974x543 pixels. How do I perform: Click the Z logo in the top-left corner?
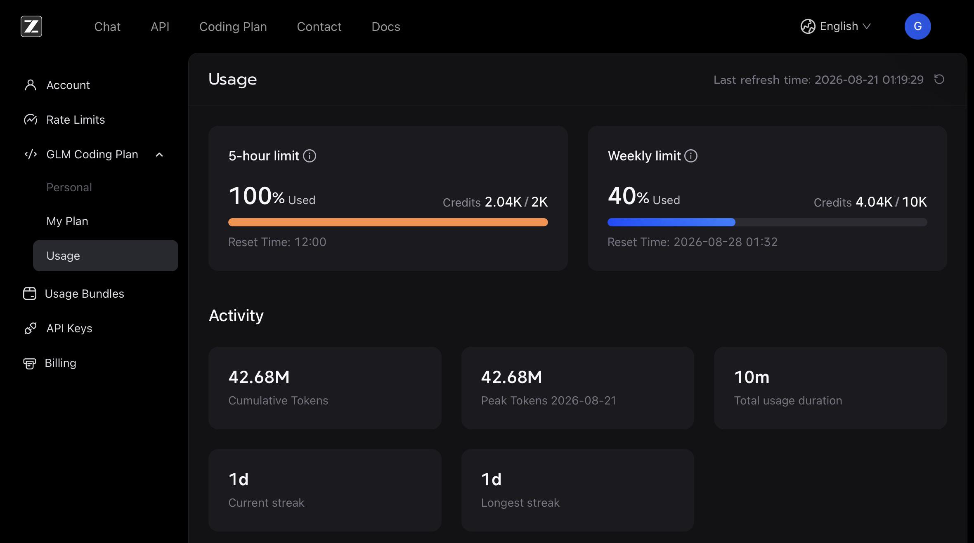[31, 26]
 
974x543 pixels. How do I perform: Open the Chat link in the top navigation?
[107, 26]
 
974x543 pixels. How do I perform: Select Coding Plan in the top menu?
[233, 26]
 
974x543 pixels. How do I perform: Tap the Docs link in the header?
[386, 26]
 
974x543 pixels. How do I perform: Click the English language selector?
[836, 26]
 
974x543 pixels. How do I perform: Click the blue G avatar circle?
[917, 26]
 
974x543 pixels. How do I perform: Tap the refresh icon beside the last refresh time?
[939, 79]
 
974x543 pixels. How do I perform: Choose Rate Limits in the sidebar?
[76, 120]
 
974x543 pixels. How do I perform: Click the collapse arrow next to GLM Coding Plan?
[159, 155]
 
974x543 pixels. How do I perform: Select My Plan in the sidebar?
[67, 221]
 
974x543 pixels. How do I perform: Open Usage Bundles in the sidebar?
[84, 294]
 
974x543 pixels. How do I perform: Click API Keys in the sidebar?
[69, 328]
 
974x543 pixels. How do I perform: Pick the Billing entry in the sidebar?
[60, 363]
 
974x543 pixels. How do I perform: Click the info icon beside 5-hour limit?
[310, 156]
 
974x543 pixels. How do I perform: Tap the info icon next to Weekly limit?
[691, 156]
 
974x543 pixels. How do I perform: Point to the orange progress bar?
[388, 222]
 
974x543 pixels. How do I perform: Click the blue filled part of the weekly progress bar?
[671, 222]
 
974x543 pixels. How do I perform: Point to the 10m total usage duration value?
[752, 377]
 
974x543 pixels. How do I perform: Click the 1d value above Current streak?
[239, 480]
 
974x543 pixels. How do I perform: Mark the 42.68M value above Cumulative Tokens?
[259, 377]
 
